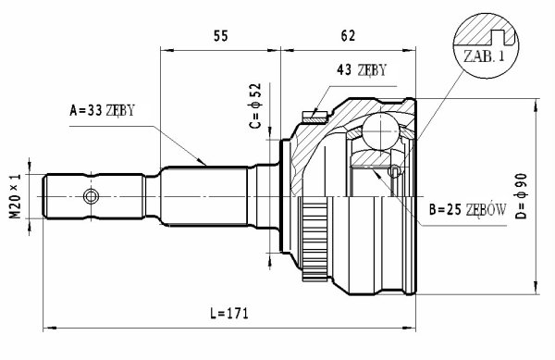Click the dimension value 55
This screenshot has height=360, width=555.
(x=221, y=36)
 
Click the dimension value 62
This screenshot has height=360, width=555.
(x=348, y=36)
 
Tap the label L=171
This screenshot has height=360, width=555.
(x=229, y=314)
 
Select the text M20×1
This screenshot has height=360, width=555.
(x=16, y=196)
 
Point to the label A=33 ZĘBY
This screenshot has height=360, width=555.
(x=103, y=110)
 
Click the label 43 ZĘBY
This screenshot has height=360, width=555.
(x=362, y=70)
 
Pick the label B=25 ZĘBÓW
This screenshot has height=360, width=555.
(x=467, y=209)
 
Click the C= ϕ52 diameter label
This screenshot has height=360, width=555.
(x=255, y=106)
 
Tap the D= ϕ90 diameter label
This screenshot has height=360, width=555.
(x=522, y=196)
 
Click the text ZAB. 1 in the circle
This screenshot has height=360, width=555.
(x=484, y=56)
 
